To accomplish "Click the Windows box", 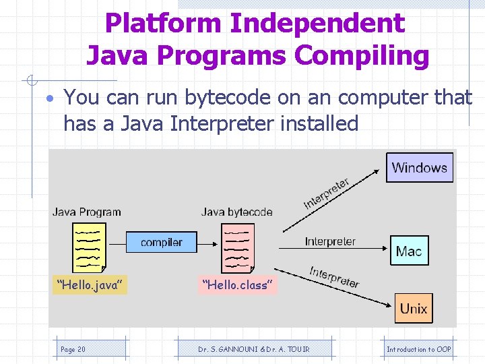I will pyautogui.click(x=419, y=167).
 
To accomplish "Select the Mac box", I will pyautogui.click(x=409, y=251).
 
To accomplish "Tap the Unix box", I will pyautogui.click(x=413, y=308).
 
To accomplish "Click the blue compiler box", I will pyautogui.click(x=162, y=242).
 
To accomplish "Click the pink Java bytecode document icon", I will pyautogui.click(x=238, y=247).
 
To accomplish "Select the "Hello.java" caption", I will pyautogui.click(x=90, y=285).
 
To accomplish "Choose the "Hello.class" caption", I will pyautogui.click(x=238, y=285).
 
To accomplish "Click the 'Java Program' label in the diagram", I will pyautogui.click(x=87, y=212).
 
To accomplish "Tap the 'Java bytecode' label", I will pyautogui.click(x=236, y=212).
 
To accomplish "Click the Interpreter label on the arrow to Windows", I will pyautogui.click(x=327, y=193).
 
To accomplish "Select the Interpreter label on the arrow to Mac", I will pyautogui.click(x=330, y=241).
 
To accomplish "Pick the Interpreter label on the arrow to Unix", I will pyautogui.click(x=334, y=276).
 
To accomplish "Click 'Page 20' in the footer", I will pyautogui.click(x=73, y=349).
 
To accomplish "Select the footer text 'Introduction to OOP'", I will pyautogui.click(x=418, y=349).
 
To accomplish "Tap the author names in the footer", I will pyautogui.click(x=253, y=349).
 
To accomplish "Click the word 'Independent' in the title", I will pyautogui.click(x=317, y=24).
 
